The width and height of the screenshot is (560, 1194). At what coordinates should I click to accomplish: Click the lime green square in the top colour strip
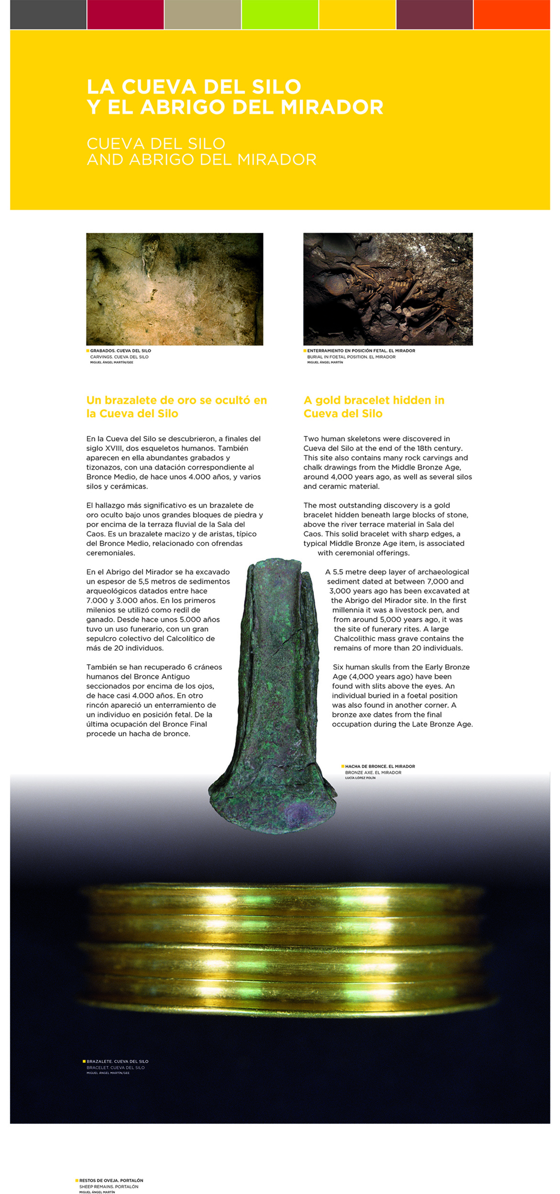tap(279, 15)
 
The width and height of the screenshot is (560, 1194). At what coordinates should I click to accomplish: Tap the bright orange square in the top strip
tap(511, 15)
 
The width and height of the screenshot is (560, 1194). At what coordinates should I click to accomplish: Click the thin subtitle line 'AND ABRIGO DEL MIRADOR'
tap(201, 160)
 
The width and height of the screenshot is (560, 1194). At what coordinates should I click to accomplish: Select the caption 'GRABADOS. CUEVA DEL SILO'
tap(120, 351)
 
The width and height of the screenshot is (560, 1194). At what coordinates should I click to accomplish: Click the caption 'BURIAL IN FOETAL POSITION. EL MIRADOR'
tap(351, 357)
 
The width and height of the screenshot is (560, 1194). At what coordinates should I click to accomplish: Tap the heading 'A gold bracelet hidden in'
tap(373, 400)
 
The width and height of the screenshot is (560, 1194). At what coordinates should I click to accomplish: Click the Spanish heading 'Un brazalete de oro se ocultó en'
tap(176, 400)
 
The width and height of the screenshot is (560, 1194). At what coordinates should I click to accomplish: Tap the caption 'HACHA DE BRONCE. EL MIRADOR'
tap(380, 766)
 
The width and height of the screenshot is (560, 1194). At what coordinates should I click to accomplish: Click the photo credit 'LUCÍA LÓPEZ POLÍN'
tap(360, 778)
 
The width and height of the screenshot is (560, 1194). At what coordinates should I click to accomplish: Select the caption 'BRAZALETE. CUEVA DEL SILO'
tap(117, 1061)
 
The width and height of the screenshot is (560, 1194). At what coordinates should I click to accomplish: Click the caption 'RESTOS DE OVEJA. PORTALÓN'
tap(111, 1181)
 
